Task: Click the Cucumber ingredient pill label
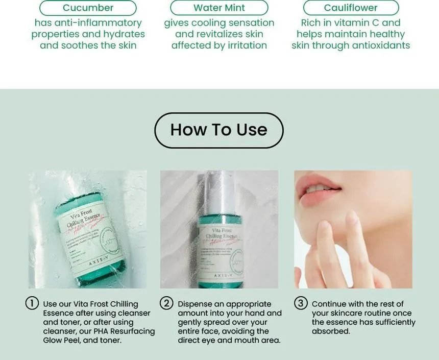click(88, 8)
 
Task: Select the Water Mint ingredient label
click(219, 8)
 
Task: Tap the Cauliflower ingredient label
click(351, 8)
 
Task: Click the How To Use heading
click(218, 130)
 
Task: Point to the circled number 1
click(32, 303)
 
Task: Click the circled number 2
click(166, 303)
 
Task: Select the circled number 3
click(301, 303)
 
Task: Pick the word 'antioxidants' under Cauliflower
click(383, 45)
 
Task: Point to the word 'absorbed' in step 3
click(330, 331)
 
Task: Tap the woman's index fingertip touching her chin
click(352, 220)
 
